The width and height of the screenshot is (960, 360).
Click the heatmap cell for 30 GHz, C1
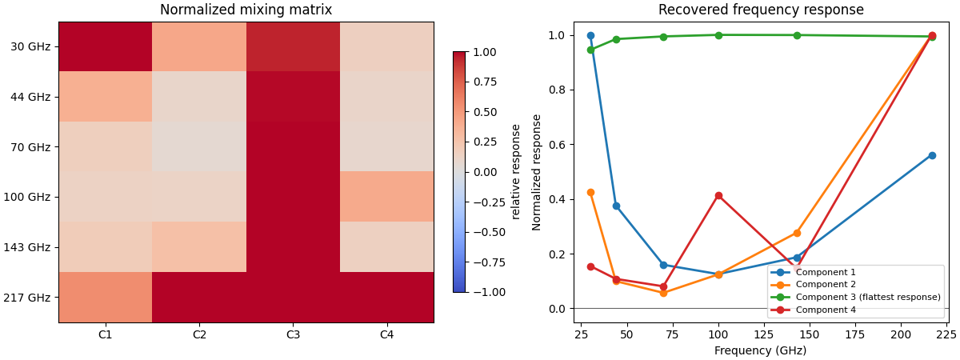pyautogui.click(x=105, y=46)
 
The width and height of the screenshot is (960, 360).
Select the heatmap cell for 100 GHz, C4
pyautogui.click(x=386, y=197)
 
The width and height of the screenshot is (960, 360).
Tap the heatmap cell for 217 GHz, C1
pyautogui.click(x=105, y=297)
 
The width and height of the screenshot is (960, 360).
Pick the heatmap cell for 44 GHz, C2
pyautogui.click(x=199, y=97)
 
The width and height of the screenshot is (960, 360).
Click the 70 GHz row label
pyautogui.click(x=30, y=147)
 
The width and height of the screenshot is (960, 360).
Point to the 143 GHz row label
pyautogui.click(x=27, y=247)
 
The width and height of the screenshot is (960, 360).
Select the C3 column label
pyautogui.click(x=293, y=335)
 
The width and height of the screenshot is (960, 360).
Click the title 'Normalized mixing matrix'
pyautogui.click(x=246, y=10)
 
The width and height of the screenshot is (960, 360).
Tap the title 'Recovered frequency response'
pyautogui.click(x=761, y=10)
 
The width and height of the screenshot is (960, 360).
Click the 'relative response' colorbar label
pyautogui.click(x=516, y=171)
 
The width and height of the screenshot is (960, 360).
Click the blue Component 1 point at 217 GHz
pyautogui.click(x=932, y=155)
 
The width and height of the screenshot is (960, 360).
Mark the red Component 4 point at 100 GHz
pyautogui.click(x=718, y=195)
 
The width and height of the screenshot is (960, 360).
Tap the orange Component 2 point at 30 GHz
pyautogui.click(x=590, y=192)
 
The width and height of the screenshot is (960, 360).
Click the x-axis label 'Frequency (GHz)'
pyautogui.click(x=761, y=350)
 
